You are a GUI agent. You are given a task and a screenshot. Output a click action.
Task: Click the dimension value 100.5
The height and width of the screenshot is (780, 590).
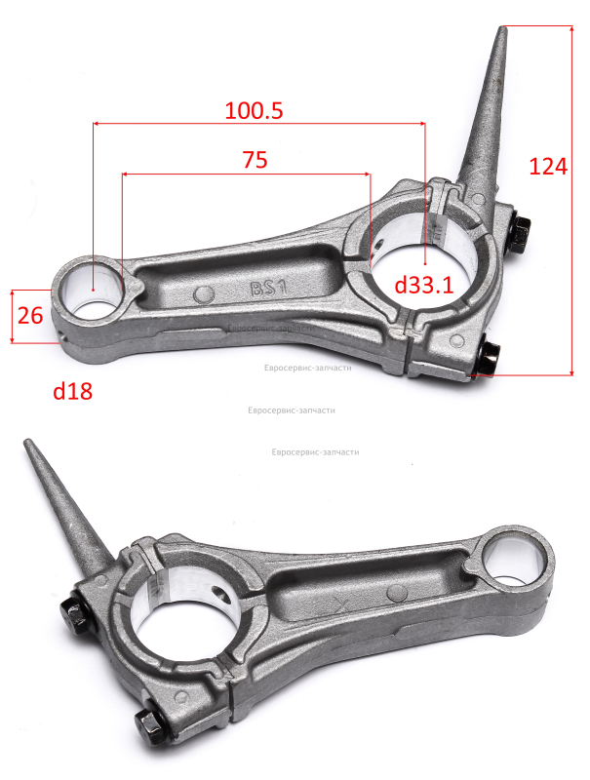click(254, 110)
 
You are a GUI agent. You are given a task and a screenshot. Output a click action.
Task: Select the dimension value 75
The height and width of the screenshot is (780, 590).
click(256, 160)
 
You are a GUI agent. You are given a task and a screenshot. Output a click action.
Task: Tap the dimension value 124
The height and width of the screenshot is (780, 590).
click(548, 166)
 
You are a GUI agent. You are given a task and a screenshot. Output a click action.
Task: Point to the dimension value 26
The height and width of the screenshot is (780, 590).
click(30, 316)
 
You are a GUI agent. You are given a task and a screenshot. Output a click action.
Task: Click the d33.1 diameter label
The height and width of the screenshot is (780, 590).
click(424, 285)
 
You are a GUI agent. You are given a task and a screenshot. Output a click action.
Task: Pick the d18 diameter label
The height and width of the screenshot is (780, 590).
click(72, 392)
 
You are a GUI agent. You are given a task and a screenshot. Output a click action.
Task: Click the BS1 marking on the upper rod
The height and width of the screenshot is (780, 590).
click(269, 288)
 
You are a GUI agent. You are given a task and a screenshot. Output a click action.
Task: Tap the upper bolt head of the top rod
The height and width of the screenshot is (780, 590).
click(521, 233)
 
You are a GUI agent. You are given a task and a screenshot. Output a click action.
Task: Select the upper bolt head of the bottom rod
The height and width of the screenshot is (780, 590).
click(75, 614)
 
